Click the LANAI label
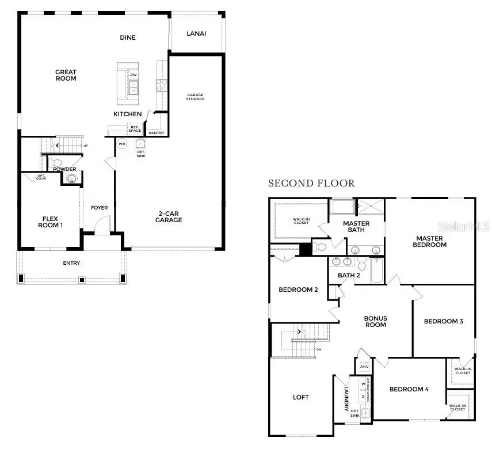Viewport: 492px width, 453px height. [x=196, y=33]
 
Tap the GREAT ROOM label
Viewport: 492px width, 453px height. [x=66, y=75]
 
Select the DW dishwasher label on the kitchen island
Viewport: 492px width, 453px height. [x=134, y=75]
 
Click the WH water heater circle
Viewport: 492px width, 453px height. [x=121, y=143]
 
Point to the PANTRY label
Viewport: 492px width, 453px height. [x=156, y=133]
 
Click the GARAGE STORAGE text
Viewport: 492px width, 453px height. [x=196, y=97]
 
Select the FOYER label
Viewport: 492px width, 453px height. [x=100, y=208]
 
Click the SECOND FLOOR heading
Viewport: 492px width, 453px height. [x=311, y=184]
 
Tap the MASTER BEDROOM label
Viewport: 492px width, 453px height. [x=430, y=241]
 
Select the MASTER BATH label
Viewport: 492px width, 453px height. [x=356, y=227]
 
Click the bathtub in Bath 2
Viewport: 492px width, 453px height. [x=376, y=271]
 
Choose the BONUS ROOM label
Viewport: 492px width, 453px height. [x=375, y=322]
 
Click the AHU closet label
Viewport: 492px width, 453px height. [x=364, y=366]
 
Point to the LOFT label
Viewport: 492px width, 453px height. [x=300, y=397]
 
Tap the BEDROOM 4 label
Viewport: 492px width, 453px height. [x=409, y=389]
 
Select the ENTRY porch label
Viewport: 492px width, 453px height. [x=71, y=263]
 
